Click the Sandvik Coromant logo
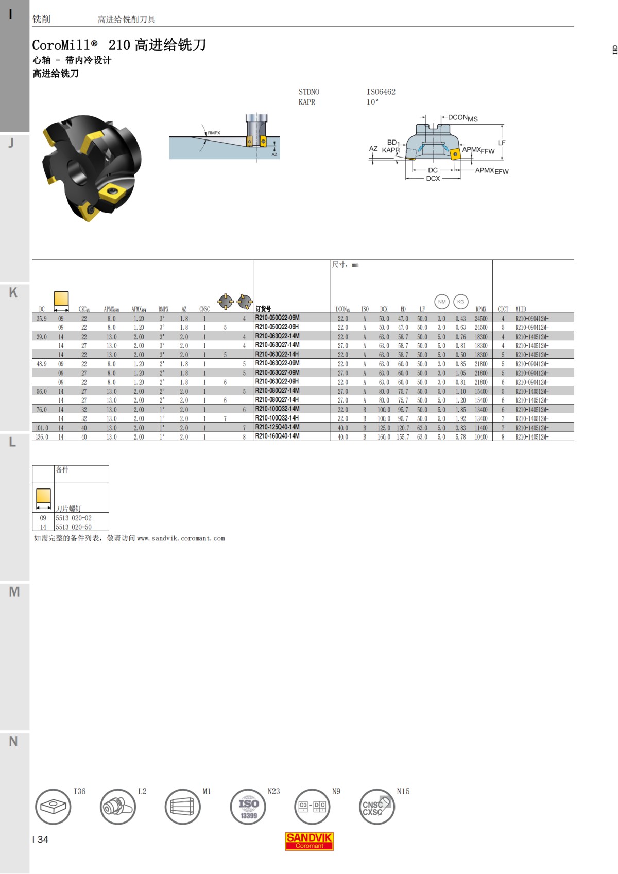[x=309, y=841]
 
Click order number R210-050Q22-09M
[x=277, y=318]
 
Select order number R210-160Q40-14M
[x=277, y=436]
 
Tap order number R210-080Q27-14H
[x=277, y=399]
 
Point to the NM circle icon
[x=442, y=302]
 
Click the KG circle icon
[x=460, y=302]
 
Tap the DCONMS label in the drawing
[x=462, y=118]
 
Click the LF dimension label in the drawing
[x=502, y=143]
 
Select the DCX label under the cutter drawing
[x=433, y=179]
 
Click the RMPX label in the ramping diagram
[x=214, y=133]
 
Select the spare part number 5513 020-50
[x=74, y=527]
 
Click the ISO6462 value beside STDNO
[x=381, y=92]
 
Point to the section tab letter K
[x=13, y=292]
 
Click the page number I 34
[x=40, y=840]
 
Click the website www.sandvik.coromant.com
[x=181, y=538]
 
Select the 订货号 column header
[x=263, y=309]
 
